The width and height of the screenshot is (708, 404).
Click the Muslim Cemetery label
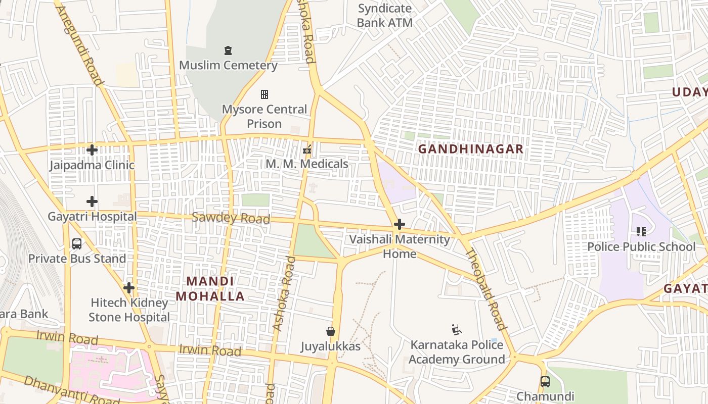coord(228,65)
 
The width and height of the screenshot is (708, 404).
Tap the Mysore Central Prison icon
coord(264,94)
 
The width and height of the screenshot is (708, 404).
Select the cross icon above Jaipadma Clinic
coord(92,150)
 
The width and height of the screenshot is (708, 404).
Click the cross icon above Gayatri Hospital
coord(92,202)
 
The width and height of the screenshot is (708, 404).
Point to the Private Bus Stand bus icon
coord(77,244)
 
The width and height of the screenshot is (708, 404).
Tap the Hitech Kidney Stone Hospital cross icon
coord(129,288)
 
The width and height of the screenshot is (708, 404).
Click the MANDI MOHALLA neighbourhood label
coord(210,289)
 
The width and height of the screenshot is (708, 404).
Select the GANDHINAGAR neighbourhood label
coord(471,149)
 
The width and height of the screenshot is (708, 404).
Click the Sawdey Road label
coord(231,218)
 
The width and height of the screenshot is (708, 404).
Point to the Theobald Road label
coord(485,289)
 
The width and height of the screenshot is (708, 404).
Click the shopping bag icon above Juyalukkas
coord(331,331)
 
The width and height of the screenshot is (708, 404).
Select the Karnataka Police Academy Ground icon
coord(457,330)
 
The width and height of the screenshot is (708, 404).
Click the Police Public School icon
coord(641,232)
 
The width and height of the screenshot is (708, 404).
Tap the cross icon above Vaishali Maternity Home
coord(400,224)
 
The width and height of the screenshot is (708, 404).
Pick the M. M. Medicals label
coord(307,164)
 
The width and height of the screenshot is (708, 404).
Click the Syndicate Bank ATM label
coord(385,16)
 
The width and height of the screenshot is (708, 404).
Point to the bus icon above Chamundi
coord(545,381)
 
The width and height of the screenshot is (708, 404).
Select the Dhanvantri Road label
coord(71,390)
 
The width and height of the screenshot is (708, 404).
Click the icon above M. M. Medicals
coord(306,149)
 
